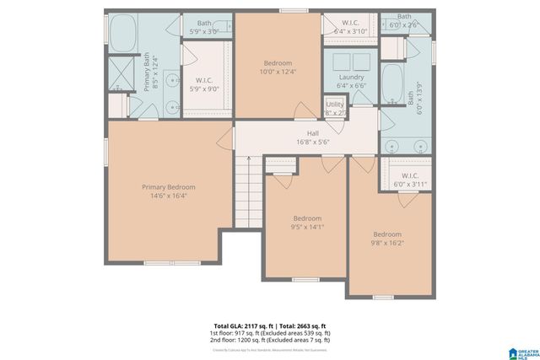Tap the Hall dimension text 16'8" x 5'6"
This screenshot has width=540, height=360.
[x=312, y=143]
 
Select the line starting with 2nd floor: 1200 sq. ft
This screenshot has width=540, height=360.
[x=270, y=341]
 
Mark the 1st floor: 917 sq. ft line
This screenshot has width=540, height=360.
[x=270, y=333]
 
